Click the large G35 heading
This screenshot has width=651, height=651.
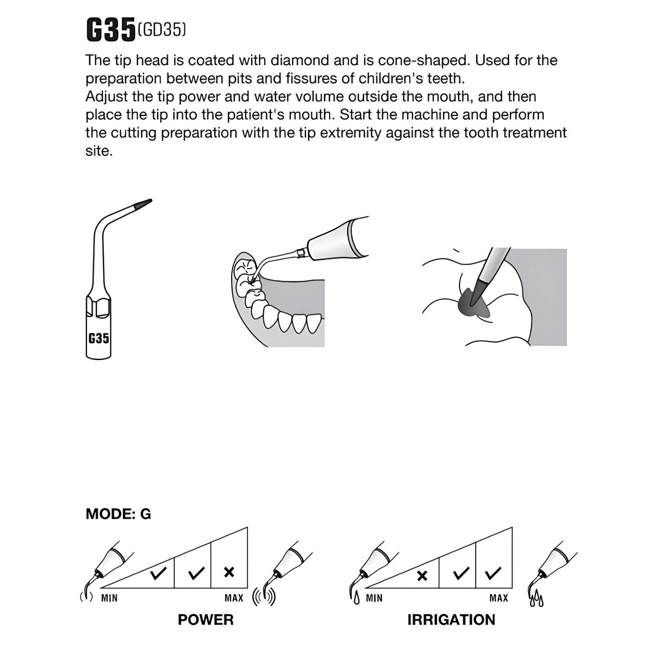[x=111, y=30]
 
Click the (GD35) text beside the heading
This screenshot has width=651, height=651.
[x=162, y=30]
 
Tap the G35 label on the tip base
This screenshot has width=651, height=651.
[x=98, y=338]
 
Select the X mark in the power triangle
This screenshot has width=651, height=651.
[x=229, y=572]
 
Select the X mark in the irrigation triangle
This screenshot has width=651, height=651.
[x=422, y=575]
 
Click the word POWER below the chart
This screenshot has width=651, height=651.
[x=205, y=620]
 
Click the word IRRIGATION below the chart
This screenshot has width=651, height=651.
[x=451, y=620]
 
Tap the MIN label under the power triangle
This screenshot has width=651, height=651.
[x=109, y=598]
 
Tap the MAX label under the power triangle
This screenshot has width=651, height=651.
[x=234, y=598]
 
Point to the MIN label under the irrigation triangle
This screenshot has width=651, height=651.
[x=374, y=598]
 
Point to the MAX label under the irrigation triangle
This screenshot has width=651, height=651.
[x=499, y=598]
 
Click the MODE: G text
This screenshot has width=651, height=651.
[x=118, y=514]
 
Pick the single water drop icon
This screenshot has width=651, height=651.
[x=357, y=599]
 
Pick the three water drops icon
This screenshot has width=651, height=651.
[x=537, y=599]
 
